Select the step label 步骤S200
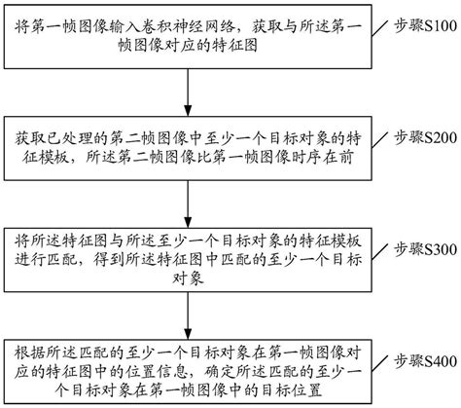tap(420, 139)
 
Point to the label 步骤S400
tap(420, 362)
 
